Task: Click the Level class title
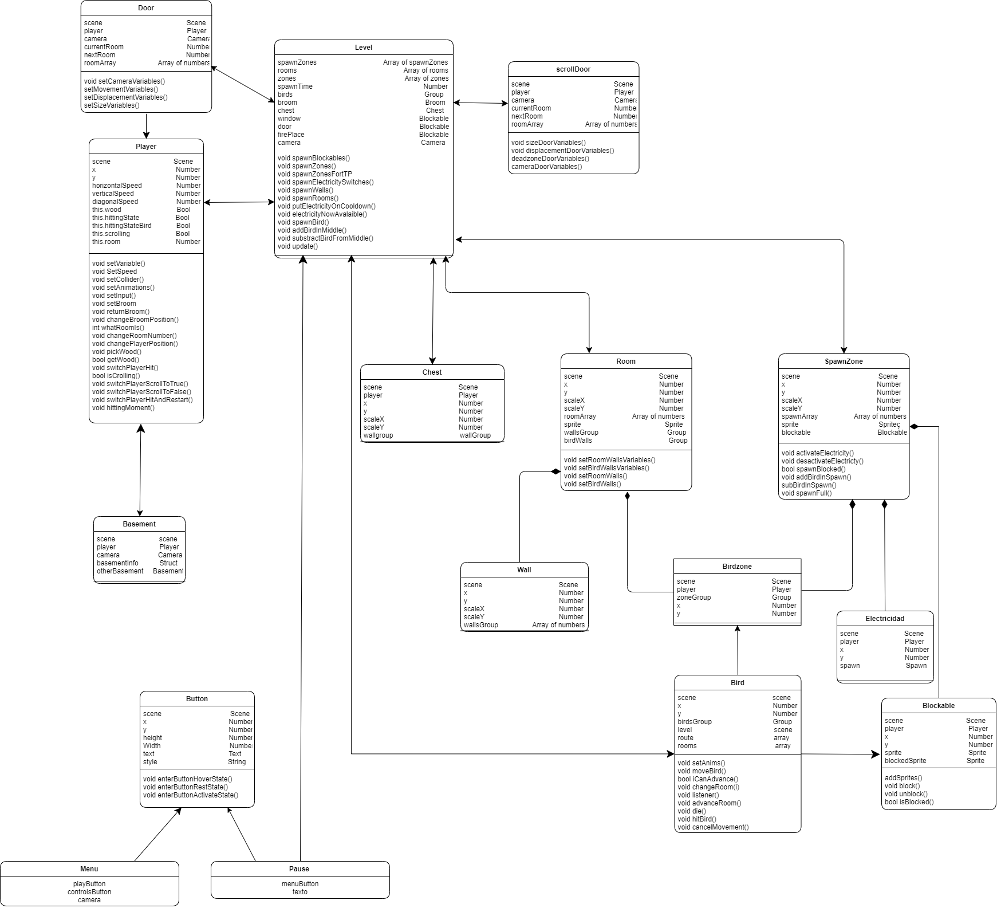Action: click(x=363, y=48)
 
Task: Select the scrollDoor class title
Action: click(x=573, y=69)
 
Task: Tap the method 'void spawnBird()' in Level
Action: click(x=303, y=222)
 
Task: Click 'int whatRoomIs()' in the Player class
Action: click(x=118, y=328)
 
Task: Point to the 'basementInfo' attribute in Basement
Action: click(x=117, y=563)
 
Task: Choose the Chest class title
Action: click(x=432, y=372)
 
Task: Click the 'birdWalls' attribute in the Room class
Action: click(x=578, y=441)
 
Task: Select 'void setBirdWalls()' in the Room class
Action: click(x=592, y=484)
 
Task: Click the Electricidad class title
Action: click(x=885, y=619)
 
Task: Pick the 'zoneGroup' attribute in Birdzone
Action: click(x=693, y=598)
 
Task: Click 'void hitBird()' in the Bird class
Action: click(x=696, y=819)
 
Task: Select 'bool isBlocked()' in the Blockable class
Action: click(x=909, y=802)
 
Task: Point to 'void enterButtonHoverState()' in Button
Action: click(x=187, y=779)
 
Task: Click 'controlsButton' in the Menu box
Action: click(x=89, y=892)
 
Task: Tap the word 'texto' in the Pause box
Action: click(x=300, y=892)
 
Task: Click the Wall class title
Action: click(x=524, y=570)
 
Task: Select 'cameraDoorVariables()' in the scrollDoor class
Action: click(x=546, y=167)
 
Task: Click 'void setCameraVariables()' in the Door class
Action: click(x=124, y=81)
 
